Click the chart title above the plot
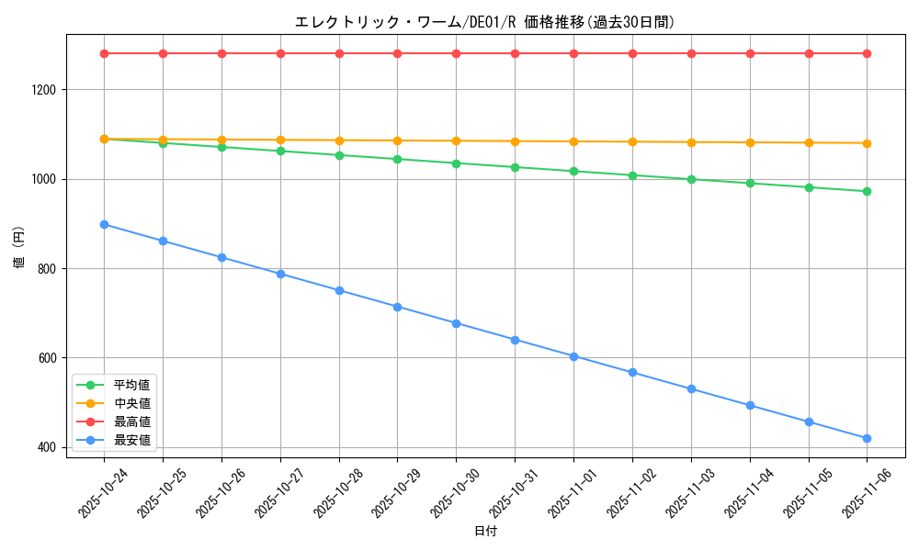tap(485, 22)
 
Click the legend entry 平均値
tap(131, 385)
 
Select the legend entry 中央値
tap(131, 403)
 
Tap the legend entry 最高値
tap(131, 422)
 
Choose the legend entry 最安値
tap(131, 441)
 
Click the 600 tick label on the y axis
tap(46, 358)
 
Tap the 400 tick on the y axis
tap(46, 447)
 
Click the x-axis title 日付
tap(485, 532)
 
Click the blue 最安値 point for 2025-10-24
tap(104, 224)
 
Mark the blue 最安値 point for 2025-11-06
tap(867, 438)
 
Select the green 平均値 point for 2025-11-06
tap(867, 191)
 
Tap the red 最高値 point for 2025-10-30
tap(456, 53)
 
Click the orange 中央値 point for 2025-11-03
tap(691, 142)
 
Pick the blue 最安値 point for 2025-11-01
tap(573, 356)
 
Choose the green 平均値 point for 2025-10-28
tap(339, 155)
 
